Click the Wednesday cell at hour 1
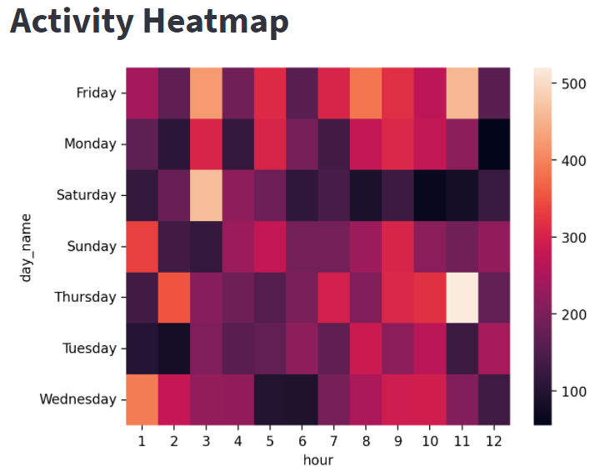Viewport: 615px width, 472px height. click(x=142, y=399)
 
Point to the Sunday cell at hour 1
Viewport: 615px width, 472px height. click(x=142, y=246)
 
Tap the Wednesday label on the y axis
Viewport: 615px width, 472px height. click(x=78, y=399)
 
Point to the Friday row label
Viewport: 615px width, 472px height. click(x=96, y=93)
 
